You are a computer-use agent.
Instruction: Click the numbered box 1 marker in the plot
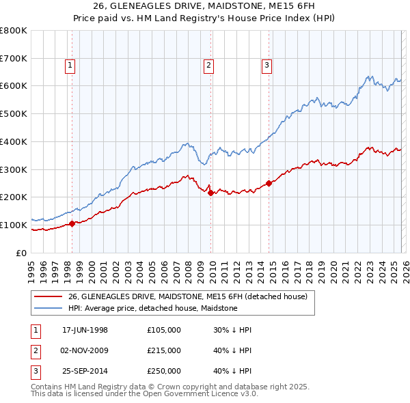[x=71, y=66]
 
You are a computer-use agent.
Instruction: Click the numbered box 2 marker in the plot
[x=208, y=66]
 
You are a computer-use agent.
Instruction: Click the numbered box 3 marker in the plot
[x=266, y=66]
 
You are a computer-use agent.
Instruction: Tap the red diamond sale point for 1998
[x=72, y=223]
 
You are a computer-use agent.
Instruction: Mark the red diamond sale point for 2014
[x=269, y=183]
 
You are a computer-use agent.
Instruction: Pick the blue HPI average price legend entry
[x=152, y=308]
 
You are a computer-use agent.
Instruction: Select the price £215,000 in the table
[x=164, y=350]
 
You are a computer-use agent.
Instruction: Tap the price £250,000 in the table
[x=164, y=371]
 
